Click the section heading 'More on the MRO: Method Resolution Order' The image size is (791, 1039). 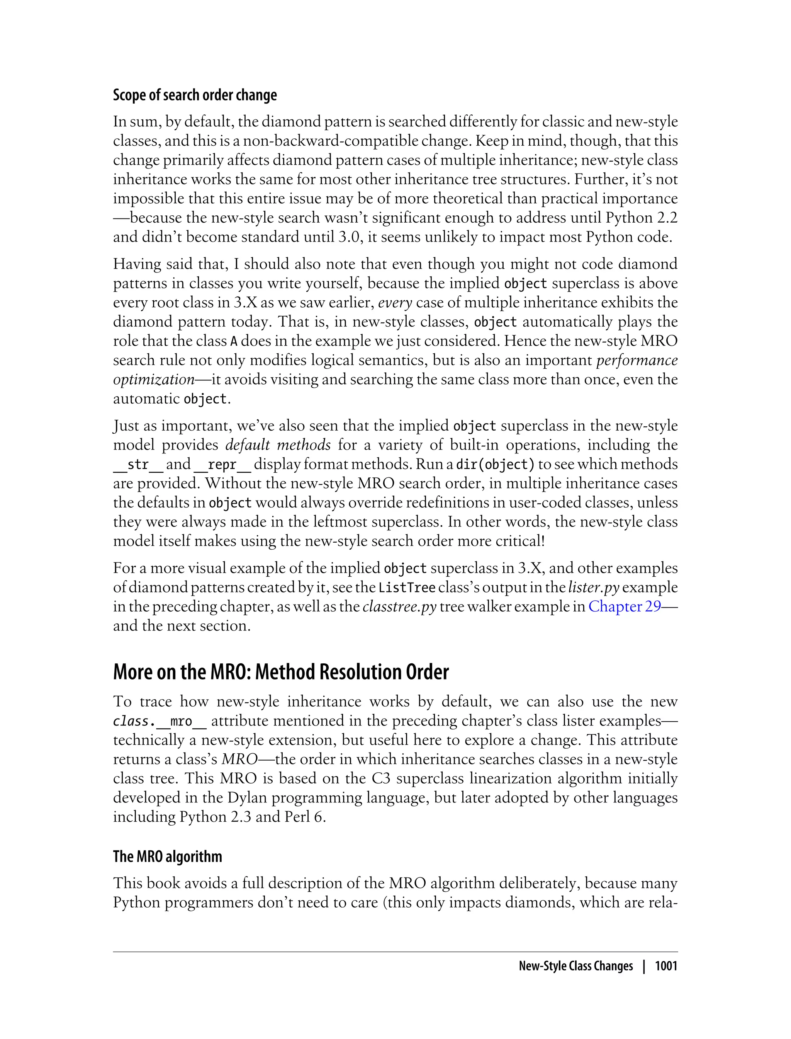coord(281,672)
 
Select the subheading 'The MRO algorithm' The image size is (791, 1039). coord(167,856)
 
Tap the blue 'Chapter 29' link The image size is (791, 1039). coord(624,606)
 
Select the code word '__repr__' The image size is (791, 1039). coord(222,465)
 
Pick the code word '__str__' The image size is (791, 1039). coord(138,465)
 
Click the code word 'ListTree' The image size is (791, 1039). coord(407,588)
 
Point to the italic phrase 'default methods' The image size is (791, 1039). coord(278,445)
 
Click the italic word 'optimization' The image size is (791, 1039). coord(153,379)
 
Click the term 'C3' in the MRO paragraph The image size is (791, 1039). coord(381,778)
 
